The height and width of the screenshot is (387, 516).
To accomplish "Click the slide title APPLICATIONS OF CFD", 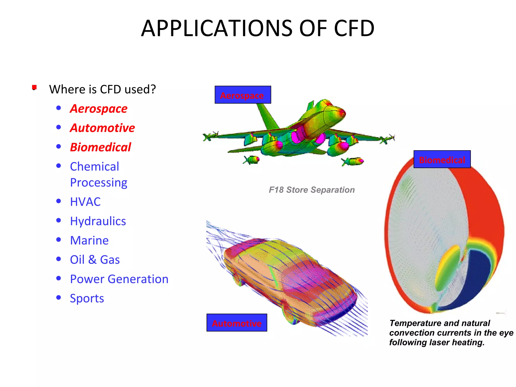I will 257,28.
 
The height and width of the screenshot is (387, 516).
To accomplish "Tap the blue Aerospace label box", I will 243,95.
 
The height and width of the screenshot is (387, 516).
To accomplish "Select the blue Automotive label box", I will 237,323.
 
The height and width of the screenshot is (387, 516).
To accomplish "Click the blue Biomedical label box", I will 442,159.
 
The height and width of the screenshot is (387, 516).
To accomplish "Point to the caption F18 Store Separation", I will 312,190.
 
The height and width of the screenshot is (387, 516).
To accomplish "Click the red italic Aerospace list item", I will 99,109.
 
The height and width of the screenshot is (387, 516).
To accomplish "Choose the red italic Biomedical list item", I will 101,147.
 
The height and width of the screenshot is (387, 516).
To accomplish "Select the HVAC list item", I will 85,202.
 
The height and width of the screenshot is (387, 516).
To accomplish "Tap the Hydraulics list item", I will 98,221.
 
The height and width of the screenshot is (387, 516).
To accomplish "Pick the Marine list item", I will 89,240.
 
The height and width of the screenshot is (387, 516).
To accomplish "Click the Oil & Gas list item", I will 95,260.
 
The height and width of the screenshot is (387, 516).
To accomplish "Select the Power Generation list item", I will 119,279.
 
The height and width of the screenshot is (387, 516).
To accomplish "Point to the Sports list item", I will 87,298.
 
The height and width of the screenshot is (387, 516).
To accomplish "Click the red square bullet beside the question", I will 35,87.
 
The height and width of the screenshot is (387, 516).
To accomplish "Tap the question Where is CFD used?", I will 102,89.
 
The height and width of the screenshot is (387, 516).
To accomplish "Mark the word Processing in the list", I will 99,183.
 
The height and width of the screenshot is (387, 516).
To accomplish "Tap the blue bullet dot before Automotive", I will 59,127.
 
